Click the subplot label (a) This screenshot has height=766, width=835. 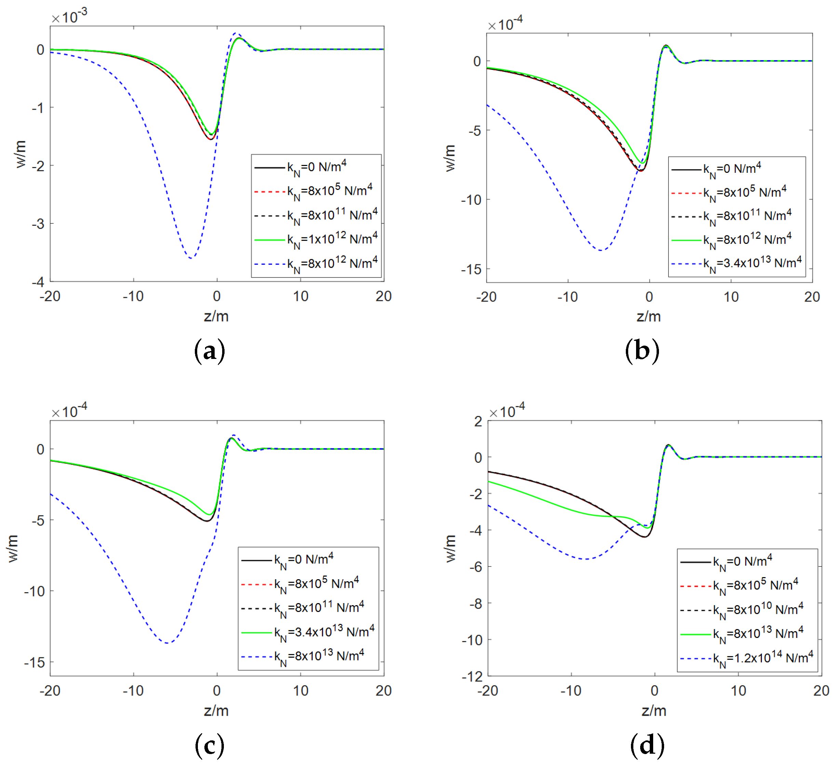coord(210,351)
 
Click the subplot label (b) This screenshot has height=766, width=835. coord(642,351)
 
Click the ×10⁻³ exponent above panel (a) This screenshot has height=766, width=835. coord(69,17)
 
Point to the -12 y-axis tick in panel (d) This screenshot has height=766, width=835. coord(472,677)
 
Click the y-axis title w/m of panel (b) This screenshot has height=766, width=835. coord(450,158)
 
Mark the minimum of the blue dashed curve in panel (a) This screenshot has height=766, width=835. coord(191,258)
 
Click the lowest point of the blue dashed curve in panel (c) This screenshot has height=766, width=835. coord(167,643)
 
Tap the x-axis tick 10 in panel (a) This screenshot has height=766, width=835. coord(300,296)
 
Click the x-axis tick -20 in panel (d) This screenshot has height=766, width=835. coord(487,691)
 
